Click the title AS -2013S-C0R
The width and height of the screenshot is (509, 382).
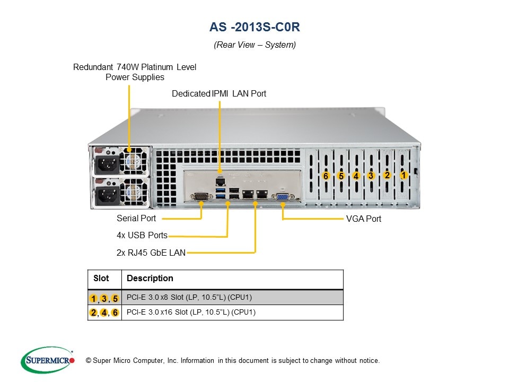pyautogui.click(x=254, y=27)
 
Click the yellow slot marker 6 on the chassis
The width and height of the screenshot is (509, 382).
pyautogui.click(x=326, y=176)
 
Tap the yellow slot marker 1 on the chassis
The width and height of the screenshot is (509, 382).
pyautogui.click(x=403, y=175)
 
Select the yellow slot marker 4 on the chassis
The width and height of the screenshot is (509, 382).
pyautogui.click(x=356, y=176)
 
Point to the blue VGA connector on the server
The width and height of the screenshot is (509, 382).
pyautogui.click(x=282, y=197)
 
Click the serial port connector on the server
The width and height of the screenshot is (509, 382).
pyautogui.click(x=201, y=197)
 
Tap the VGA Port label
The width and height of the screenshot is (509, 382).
pyautogui.click(x=363, y=219)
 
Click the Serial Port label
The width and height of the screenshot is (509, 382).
pyautogui.click(x=136, y=219)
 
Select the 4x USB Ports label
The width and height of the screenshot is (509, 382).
pyautogui.click(x=142, y=235)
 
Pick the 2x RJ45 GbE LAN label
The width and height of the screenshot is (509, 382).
pyautogui.click(x=151, y=253)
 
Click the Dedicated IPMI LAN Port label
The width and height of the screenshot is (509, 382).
pyautogui.click(x=219, y=93)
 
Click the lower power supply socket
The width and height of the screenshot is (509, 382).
pyautogui.click(x=107, y=195)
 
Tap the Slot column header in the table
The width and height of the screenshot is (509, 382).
pyautogui.click(x=101, y=279)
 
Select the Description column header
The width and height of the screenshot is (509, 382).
pyautogui.click(x=150, y=279)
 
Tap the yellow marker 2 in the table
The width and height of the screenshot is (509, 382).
pyautogui.click(x=94, y=312)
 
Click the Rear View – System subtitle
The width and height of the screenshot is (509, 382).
pyautogui.click(x=254, y=45)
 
